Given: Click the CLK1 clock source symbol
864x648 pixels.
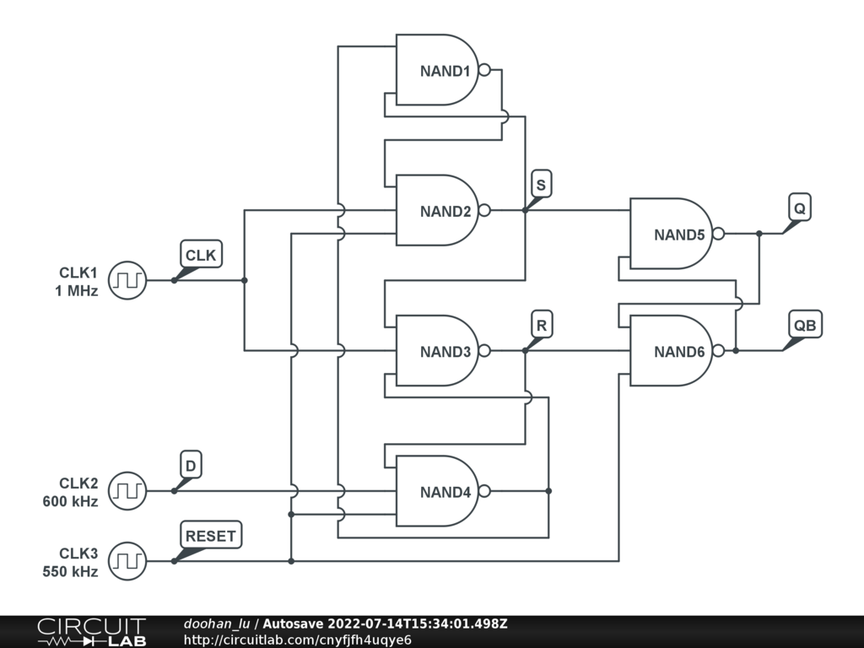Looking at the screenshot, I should coord(127,280).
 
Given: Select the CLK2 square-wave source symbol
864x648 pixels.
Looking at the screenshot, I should coord(127,491).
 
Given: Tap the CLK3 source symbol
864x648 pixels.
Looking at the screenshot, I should coord(127,561).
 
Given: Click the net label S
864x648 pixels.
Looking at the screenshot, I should coord(542,184).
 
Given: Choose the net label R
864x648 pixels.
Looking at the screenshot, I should coord(542,324).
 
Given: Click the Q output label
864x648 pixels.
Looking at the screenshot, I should coord(799,207).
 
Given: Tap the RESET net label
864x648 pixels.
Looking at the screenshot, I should coord(212,535).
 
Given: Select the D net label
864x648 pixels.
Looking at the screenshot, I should coord(192,465).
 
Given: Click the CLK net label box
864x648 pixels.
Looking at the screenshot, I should coord(201,254).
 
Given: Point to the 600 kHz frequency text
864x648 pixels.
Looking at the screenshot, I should coord(70,501).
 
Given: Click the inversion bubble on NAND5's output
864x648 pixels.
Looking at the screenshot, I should coord(718,234).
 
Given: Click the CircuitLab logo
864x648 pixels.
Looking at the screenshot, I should coord(91,632).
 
